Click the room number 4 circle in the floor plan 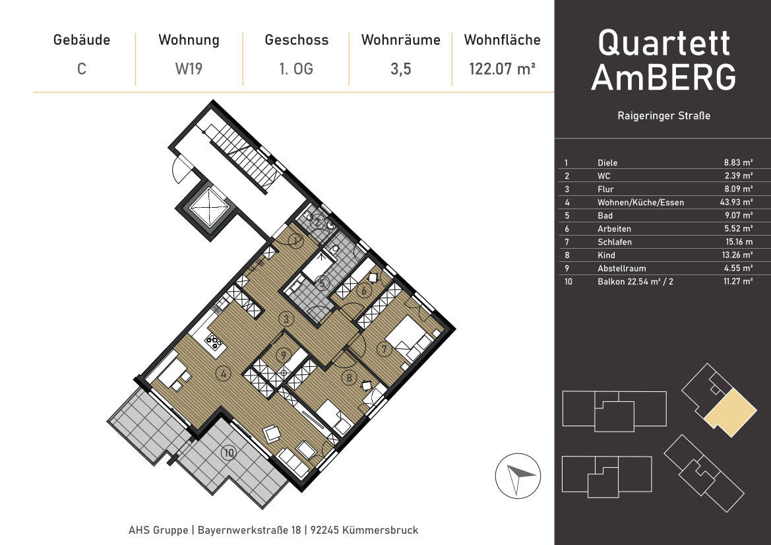(x=224, y=374)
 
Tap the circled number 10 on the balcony (x=229, y=453)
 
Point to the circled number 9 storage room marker (x=283, y=354)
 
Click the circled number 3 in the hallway (x=286, y=319)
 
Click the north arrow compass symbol (x=518, y=476)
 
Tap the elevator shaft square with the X (x=210, y=207)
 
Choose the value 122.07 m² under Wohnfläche (x=501, y=69)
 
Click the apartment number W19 (x=189, y=69)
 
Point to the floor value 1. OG (x=296, y=69)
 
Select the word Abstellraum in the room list (x=621, y=269)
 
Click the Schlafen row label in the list (x=614, y=242)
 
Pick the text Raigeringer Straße (x=663, y=116)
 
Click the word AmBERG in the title (x=663, y=77)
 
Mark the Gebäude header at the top (x=82, y=40)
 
